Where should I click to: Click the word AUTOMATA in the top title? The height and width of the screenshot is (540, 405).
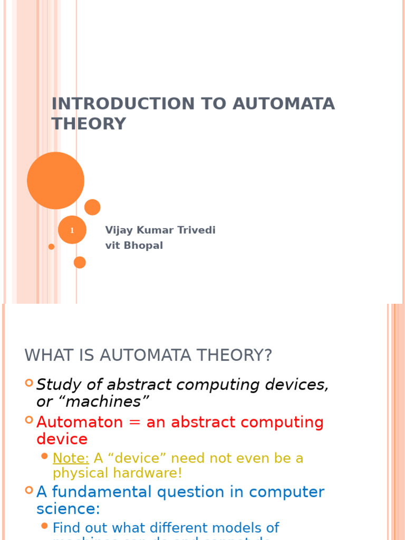(x=284, y=104)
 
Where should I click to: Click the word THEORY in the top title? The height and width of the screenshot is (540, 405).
(x=89, y=123)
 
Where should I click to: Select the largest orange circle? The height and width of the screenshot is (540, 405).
(x=55, y=180)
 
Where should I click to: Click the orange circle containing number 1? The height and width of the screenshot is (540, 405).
(x=72, y=230)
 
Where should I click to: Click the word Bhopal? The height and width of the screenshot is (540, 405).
(x=143, y=246)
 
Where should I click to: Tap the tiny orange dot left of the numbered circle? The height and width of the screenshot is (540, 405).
(x=51, y=246)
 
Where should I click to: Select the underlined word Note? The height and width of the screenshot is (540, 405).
(x=71, y=458)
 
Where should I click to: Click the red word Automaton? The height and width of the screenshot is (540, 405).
(x=80, y=422)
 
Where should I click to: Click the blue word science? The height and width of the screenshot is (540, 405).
(x=68, y=509)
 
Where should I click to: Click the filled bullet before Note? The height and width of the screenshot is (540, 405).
(x=45, y=456)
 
